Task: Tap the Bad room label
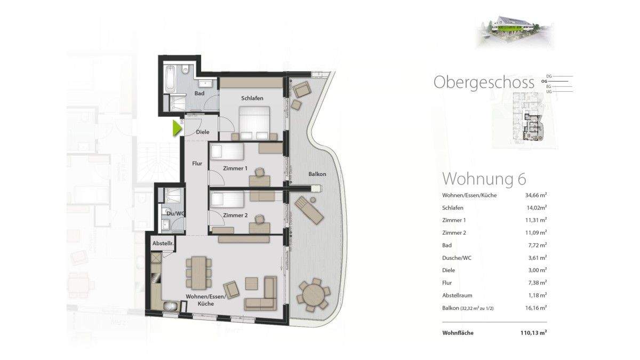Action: [x=199, y=94]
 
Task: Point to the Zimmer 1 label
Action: [x=235, y=169]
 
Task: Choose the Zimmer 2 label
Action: [x=235, y=215]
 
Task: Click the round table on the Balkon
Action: [x=313, y=294]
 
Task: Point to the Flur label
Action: [x=197, y=164]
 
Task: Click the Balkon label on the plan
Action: [x=317, y=174]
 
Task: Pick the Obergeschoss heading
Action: [x=484, y=82]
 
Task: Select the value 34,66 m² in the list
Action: [x=537, y=195]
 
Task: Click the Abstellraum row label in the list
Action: [x=457, y=295]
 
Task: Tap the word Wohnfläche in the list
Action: [x=458, y=333]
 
